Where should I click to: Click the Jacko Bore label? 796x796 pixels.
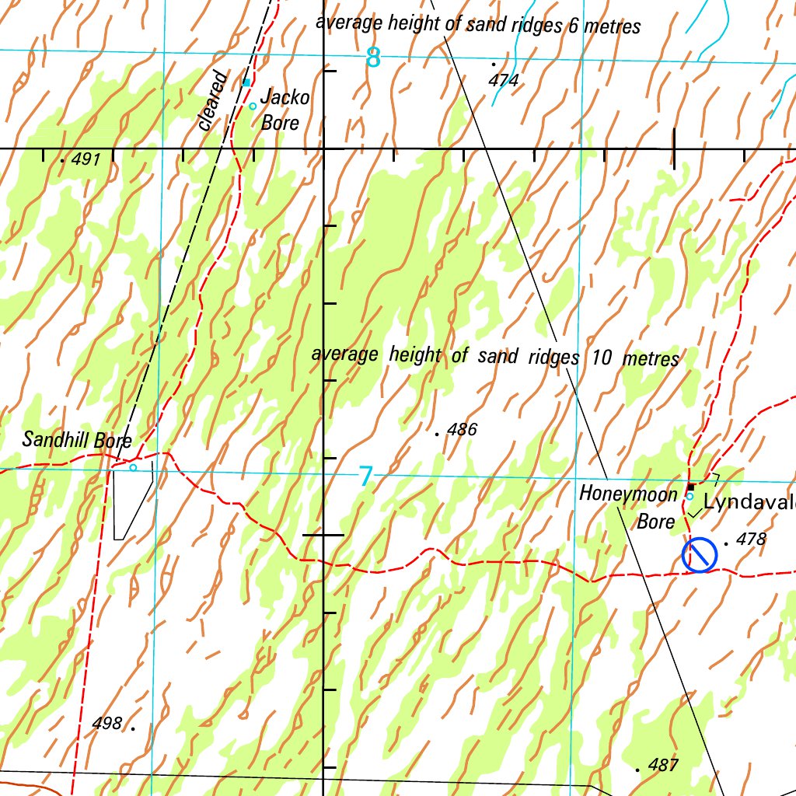pos(284,110)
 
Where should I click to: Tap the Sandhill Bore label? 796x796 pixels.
pos(77,440)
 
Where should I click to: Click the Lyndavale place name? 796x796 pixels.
pos(749,503)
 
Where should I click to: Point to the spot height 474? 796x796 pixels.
pos(504,79)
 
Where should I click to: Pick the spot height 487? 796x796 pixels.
pos(662,765)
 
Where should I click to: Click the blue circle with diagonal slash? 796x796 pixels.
pos(699,555)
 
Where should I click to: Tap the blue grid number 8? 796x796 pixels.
pos(374,58)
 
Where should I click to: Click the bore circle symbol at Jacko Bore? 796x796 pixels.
pos(253,106)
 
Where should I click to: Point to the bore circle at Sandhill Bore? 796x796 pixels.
pos(133,467)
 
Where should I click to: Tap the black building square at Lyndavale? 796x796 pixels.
pos(690,487)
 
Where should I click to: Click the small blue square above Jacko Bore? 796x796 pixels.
pos(246,82)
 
